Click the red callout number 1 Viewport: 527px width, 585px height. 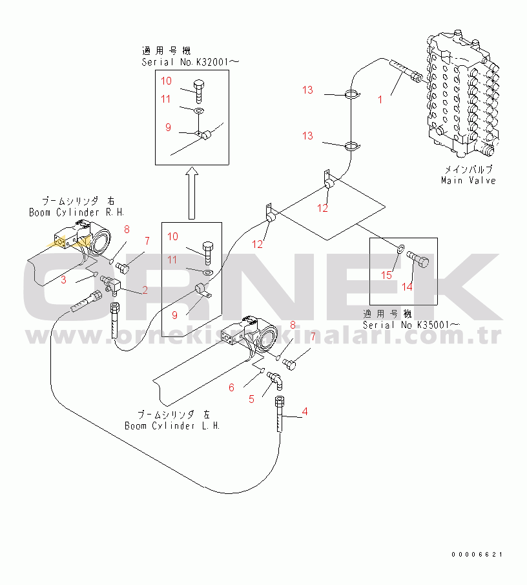(380, 99)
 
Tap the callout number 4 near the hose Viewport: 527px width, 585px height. (305, 411)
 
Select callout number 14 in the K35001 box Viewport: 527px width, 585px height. (407, 286)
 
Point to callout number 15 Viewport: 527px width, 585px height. (387, 275)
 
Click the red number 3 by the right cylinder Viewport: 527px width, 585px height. (63, 280)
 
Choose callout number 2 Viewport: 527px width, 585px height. (145, 290)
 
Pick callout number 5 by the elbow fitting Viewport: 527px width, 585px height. (251, 399)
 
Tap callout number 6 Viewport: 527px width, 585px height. (231, 387)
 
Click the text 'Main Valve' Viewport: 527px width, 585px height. (468, 180)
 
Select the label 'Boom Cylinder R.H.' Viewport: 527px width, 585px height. (76, 212)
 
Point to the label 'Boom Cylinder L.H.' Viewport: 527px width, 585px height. (172, 426)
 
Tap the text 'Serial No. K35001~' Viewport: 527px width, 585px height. (411, 324)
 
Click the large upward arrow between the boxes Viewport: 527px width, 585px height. (191, 193)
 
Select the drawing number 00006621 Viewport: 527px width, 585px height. (477, 554)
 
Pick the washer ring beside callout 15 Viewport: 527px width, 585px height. (401, 249)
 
